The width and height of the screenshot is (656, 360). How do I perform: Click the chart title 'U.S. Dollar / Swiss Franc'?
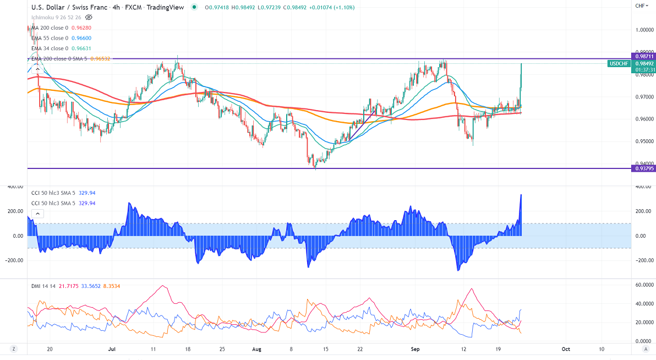(x=65, y=7)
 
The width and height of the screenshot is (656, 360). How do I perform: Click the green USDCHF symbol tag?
(x=619, y=64)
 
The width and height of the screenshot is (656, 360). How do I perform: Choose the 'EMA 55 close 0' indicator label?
(x=50, y=38)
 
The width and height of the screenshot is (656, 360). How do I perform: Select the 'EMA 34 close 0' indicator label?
(x=50, y=48)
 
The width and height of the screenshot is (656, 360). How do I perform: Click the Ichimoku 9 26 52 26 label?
(x=56, y=17)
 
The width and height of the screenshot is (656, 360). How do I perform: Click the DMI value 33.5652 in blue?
(x=90, y=286)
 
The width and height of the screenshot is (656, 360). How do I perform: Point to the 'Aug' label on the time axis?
(x=256, y=348)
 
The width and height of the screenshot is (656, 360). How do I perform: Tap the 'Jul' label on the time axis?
(x=111, y=348)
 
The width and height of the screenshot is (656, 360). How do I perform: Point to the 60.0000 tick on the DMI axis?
(x=643, y=285)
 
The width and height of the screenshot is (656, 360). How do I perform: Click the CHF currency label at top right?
(x=640, y=6)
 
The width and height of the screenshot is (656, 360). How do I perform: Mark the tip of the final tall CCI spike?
(x=521, y=195)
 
